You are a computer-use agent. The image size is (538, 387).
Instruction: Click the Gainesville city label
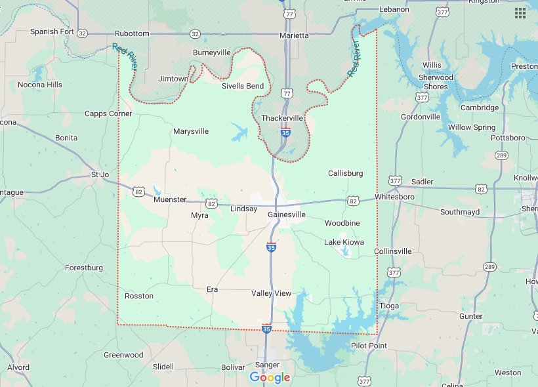287,214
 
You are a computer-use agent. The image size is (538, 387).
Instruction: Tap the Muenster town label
170,199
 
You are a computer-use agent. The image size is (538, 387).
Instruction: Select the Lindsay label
244,209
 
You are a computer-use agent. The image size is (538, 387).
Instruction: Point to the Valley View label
271,293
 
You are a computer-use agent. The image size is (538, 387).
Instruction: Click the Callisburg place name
345,173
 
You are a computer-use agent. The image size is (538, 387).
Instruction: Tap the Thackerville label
282,118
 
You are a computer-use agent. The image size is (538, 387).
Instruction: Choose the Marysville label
191,131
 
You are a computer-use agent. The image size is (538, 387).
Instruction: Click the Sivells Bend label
242,86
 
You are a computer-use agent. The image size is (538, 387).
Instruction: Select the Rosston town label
139,296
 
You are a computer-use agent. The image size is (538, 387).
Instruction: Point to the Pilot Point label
369,346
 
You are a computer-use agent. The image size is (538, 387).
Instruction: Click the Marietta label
293,35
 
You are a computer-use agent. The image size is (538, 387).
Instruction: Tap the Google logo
270,377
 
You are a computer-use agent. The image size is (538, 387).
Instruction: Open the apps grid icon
520,13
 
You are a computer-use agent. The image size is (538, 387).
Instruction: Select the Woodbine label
342,223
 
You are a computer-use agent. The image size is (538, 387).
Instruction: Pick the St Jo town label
100,174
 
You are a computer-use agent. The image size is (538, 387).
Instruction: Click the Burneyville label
211,52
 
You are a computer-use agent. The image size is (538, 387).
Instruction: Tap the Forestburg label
84,268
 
